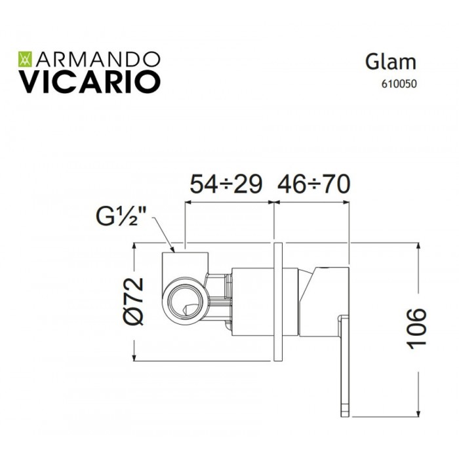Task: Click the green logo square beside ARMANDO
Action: [x=26, y=60]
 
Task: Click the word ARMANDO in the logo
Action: [x=98, y=60]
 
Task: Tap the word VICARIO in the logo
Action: [x=90, y=82]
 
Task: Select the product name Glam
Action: [x=391, y=62]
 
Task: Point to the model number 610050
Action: [x=399, y=84]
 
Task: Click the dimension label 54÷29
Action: [x=226, y=184]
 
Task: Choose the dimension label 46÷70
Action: [x=314, y=184]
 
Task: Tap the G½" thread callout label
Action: [x=121, y=216]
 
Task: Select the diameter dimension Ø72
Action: [x=134, y=302]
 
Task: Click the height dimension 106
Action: [x=417, y=329]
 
